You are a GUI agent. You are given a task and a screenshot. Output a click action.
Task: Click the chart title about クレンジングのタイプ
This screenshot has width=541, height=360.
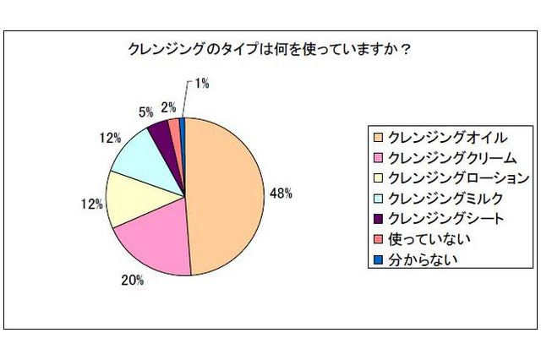click(270, 48)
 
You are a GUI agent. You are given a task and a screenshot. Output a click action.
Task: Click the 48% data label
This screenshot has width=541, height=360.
click(280, 194)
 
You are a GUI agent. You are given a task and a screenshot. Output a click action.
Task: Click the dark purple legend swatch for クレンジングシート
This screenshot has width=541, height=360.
click(376, 219)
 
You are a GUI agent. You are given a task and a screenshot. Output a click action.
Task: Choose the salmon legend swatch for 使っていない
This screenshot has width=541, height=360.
click(376, 239)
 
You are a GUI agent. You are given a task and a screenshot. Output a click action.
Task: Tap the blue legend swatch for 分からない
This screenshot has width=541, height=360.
click(376, 259)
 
